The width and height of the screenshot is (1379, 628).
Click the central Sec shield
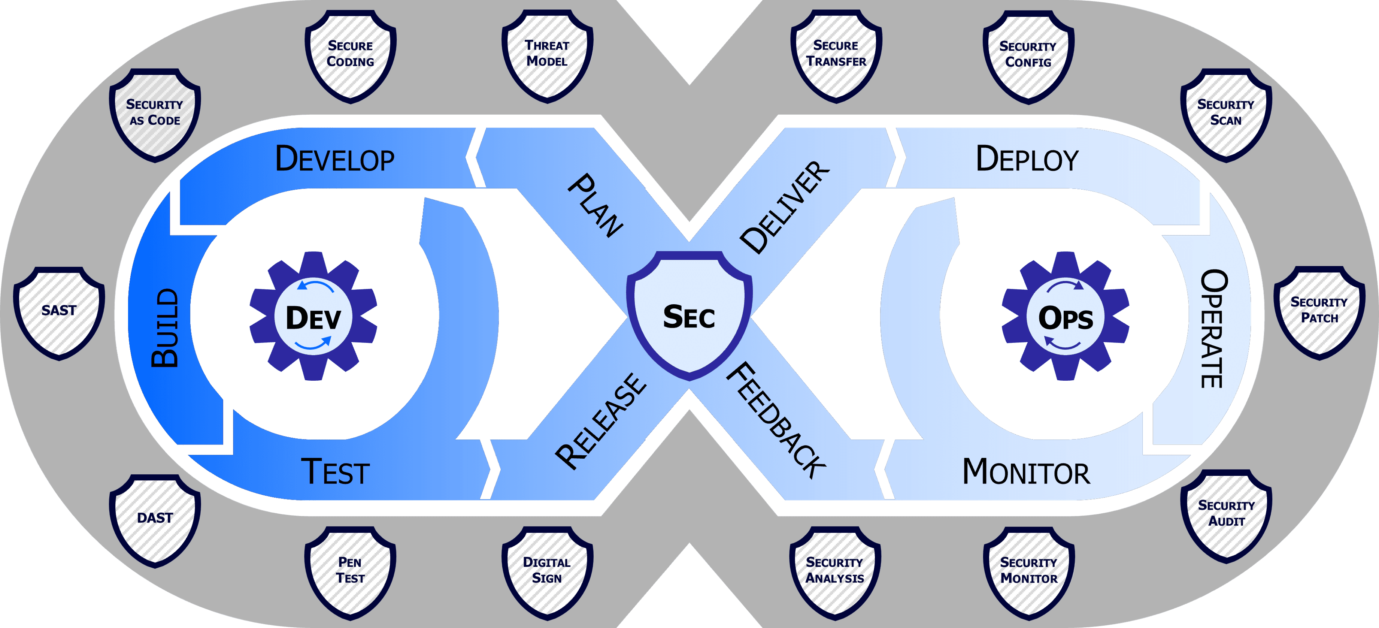pyautogui.click(x=689, y=316)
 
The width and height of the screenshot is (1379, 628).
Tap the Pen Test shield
pyautogui.click(x=351, y=571)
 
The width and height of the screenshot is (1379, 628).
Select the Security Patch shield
pyautogui.click(x=1319, y=311)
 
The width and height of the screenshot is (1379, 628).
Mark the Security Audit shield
pyautogui.click(x=1226, y=514)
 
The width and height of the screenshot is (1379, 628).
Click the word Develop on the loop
pyautogui.click(x=334, y=159)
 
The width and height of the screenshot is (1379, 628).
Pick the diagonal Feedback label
pyautogui.click(x=776, y=420)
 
